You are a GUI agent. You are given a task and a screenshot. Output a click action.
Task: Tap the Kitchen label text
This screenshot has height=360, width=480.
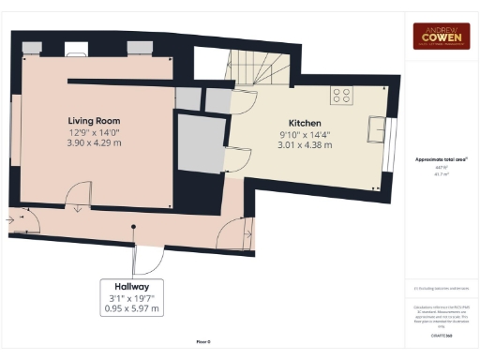(305, 123)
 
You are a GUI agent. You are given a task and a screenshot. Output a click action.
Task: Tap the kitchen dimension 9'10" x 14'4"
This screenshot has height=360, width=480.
(305, 134)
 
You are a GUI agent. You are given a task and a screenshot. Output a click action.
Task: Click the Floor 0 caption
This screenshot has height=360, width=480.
(203, 343)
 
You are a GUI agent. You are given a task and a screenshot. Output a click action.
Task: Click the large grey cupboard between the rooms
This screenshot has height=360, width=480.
(198, 142)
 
